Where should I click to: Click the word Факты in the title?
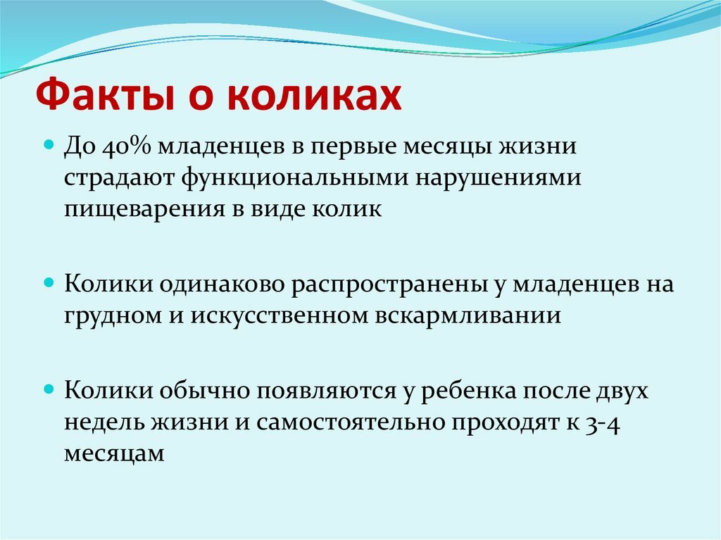pyautogui.click(x=105, y=96)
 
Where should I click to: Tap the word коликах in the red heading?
pyautogui.click(x=315, y=95)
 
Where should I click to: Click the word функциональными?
pyautogui.click(x=295, y=178)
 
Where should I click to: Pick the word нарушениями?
pyautogui.click(x=499, y=178)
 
